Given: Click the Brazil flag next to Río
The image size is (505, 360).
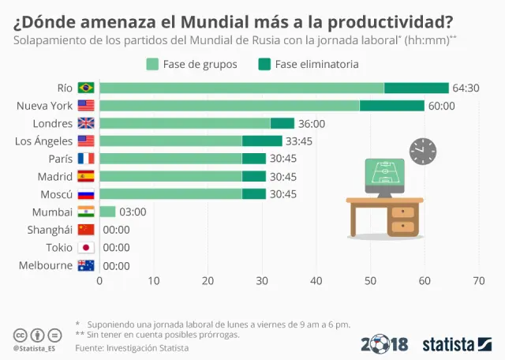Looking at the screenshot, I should click(x=86, y=88).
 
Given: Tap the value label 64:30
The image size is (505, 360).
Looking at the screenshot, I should click(x=466, y=88).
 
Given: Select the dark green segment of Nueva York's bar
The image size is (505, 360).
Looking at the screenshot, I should click(x=391, y=106).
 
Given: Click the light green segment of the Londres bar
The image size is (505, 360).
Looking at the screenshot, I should click(x=185, y=123).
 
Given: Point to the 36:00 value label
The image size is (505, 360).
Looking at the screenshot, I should click(x=312, y=124).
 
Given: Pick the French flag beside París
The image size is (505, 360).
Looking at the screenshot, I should click(x=86, y=159).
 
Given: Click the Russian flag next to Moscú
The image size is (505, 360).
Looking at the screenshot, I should click(x=86, y=194).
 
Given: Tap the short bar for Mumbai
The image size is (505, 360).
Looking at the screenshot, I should click(x=107, y=212).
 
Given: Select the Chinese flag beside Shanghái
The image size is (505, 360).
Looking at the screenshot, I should click(x=86, y=230).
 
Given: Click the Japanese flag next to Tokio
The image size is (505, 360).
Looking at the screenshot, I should click(x=86, y=247).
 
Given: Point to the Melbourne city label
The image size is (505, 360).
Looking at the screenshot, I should click(x=46, y=265).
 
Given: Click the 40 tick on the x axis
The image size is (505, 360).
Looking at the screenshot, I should click(x=316, y=280).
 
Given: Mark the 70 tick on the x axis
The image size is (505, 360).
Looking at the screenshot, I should click(x=478, y=280).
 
